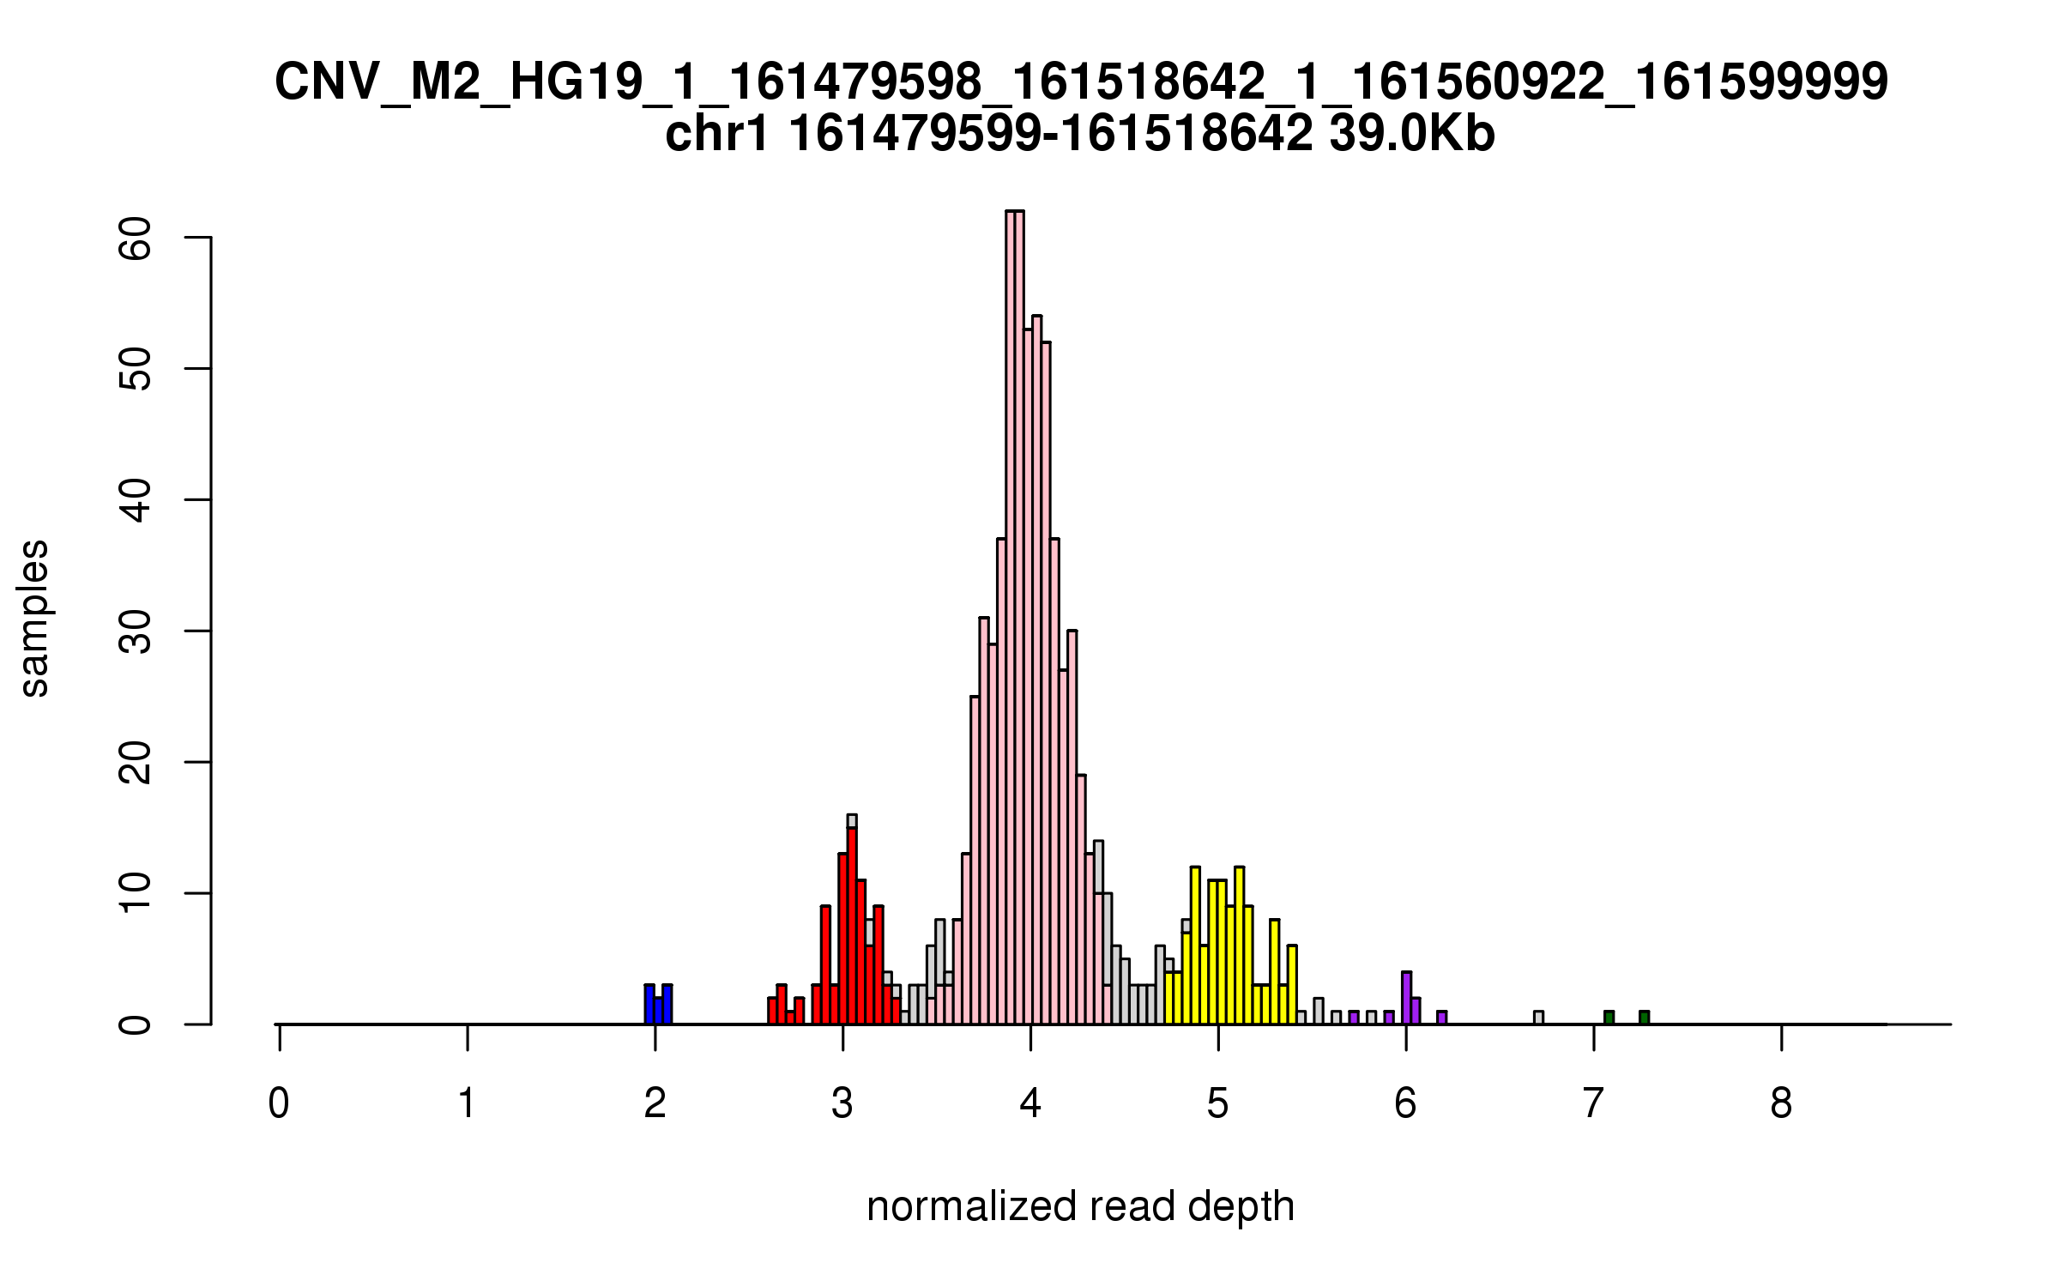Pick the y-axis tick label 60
136,238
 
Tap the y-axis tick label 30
136,631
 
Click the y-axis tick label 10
136,893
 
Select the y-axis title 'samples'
34,618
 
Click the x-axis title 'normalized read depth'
1080,1206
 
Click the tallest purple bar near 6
1407,999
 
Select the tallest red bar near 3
852,927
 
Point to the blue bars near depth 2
658,1006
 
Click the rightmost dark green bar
1644,1018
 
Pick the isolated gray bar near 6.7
1538,1018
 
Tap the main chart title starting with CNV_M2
1081,82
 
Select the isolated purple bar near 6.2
1442,1018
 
